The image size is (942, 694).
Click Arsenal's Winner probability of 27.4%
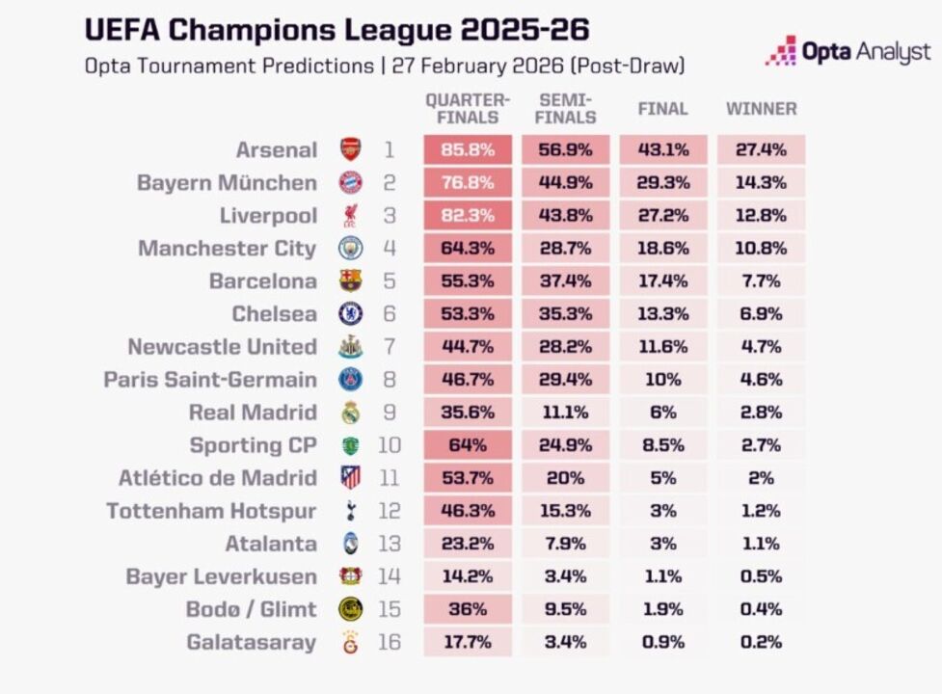click(761, 150)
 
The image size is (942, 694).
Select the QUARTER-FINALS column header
click(468, 109)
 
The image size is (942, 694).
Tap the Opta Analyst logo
click(848, 51)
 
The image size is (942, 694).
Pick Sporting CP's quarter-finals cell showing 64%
click(468, 445)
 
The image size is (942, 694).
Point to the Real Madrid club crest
click(350, 413)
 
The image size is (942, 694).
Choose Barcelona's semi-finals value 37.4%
click(565, 281)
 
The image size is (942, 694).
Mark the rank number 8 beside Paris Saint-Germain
click(389, 380)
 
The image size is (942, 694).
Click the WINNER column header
click(761, 109)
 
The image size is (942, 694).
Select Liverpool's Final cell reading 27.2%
click(662, 216)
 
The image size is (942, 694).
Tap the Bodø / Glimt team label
click(251, 609)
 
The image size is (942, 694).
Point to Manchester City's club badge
click(350, 249)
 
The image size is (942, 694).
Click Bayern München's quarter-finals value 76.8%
click(468, 183)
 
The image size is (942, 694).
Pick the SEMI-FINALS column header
click(565, 109)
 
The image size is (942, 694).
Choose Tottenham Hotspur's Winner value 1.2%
click(761, 511)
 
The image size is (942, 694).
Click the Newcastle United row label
click(222, 347)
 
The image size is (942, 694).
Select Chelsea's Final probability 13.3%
click(662, 314)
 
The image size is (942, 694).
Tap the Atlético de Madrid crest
click(350, 478)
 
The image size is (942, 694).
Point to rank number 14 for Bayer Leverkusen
click(389, 576)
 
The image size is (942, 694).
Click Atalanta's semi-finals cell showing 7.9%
click(565, 544)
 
